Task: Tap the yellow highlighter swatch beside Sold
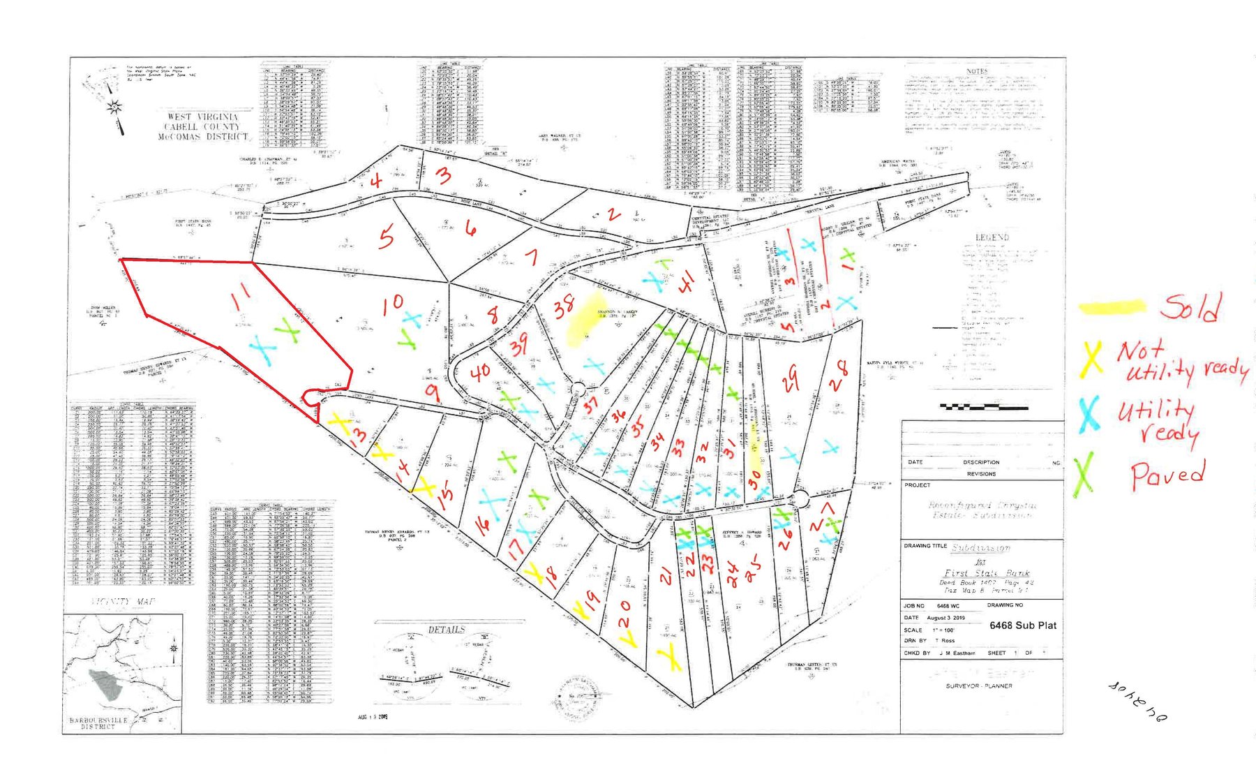[1112, 306]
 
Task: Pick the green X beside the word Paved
[1083, 474]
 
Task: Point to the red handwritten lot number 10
[392, 304]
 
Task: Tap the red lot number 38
[564, 306]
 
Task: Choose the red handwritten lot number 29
[790, 379]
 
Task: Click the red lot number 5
[385, 237]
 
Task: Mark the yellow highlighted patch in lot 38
[585, 326]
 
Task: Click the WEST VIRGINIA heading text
[202, 117]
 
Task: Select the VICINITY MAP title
[124, 602]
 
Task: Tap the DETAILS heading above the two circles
[446, 630]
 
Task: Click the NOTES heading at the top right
[977, 71]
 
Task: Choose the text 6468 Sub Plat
[1022, 625]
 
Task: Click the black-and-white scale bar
[983, 406]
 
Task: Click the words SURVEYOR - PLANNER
[978, 686]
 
